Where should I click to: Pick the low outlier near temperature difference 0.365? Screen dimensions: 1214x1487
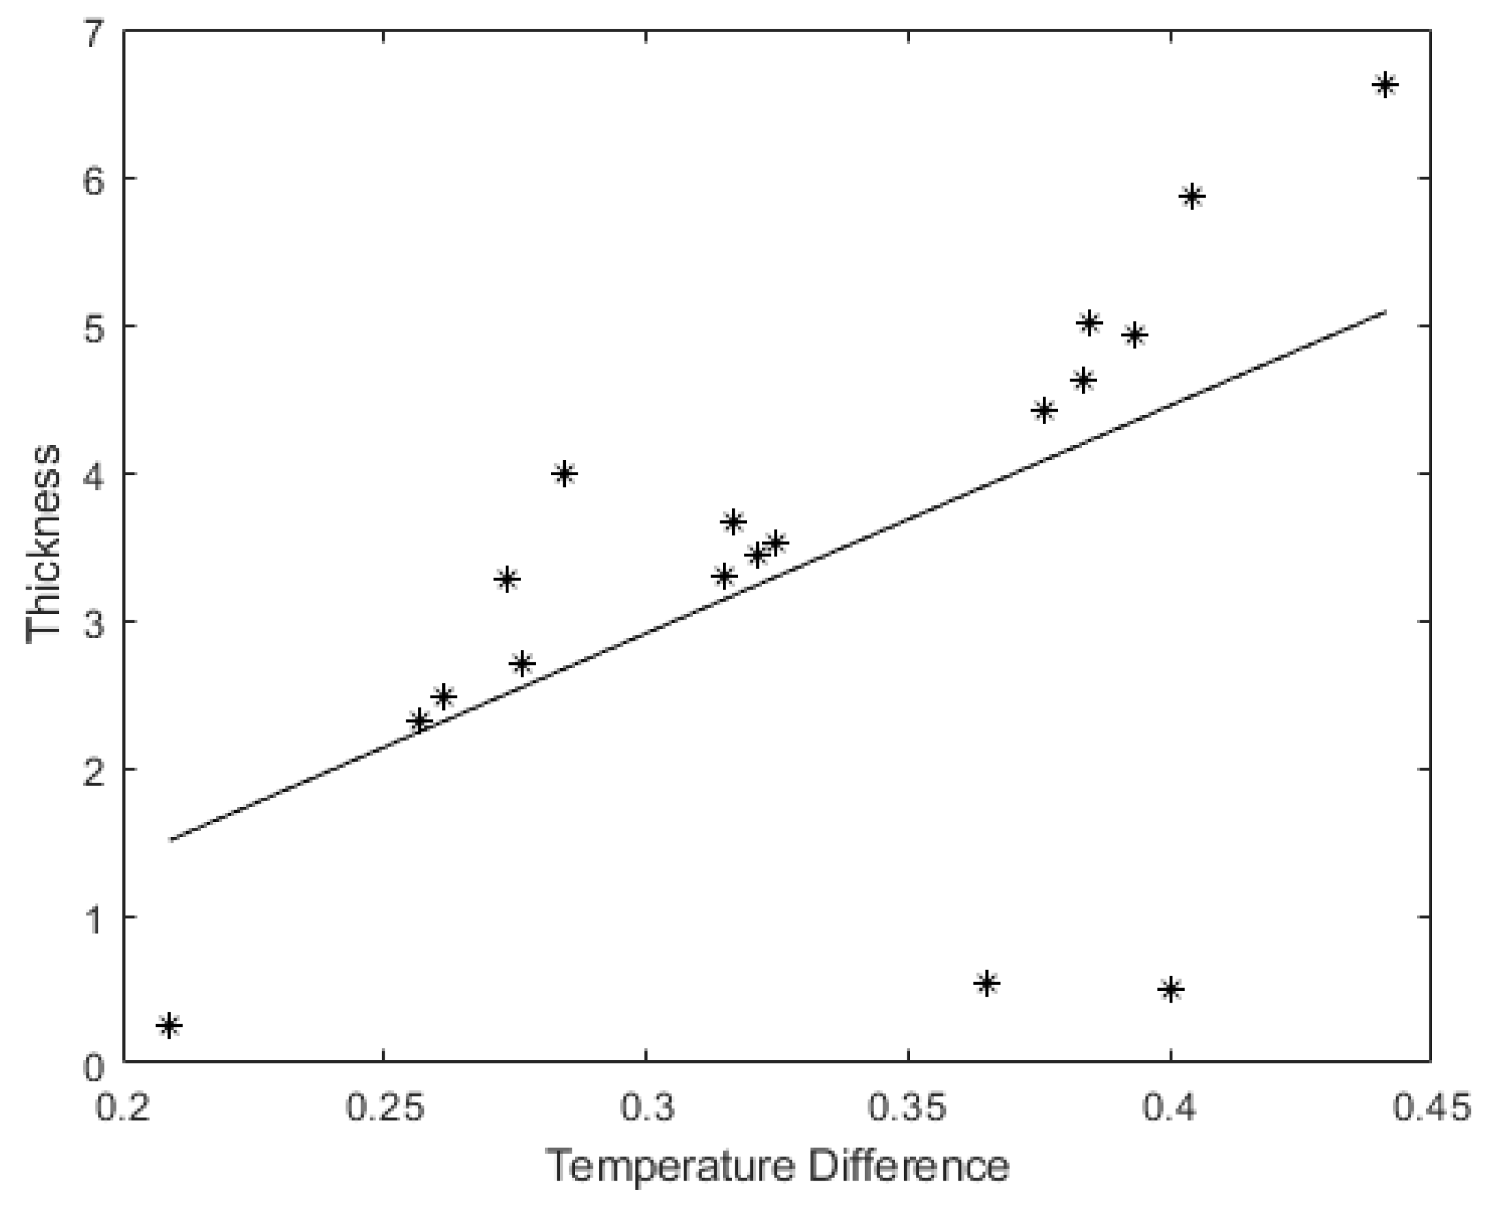pos(987,984)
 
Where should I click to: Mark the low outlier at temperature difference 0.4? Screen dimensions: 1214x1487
pos(1170,990)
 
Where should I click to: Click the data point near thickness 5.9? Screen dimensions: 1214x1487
pos(1192,196)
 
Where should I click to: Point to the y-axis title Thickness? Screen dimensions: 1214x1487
pos(43,544)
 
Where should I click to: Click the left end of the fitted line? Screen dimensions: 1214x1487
pos(170,839)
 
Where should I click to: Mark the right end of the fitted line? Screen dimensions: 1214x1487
pos(1384,312)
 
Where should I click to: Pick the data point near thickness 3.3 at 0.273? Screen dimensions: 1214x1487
pos(507,579)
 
